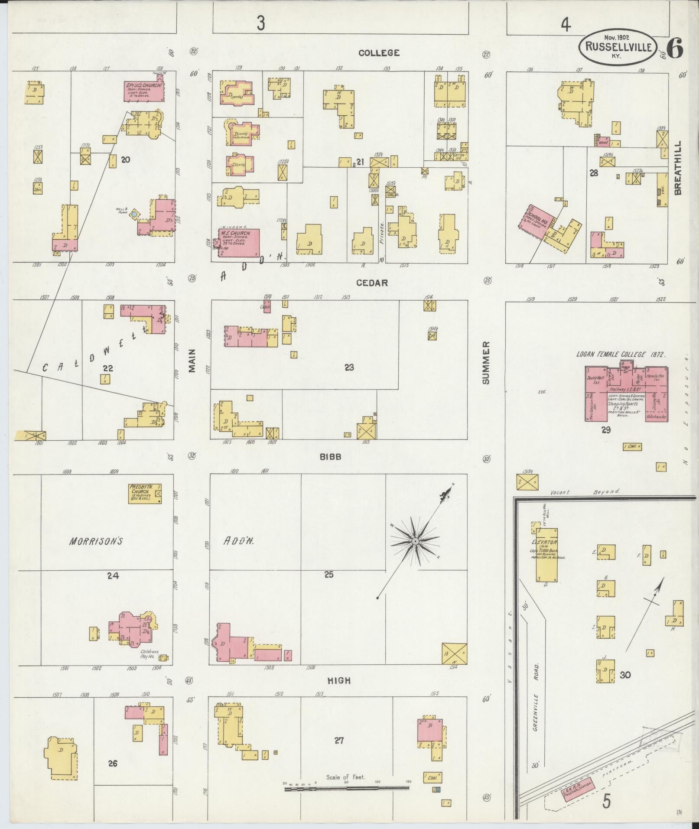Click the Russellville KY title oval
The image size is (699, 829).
coord(618,47)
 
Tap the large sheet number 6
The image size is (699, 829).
coord(675,48)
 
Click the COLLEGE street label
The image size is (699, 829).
coord(379,53)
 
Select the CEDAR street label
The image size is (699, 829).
coord(372,283)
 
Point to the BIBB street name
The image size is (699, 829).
coord(331,457)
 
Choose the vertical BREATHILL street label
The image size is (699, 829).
coord(678,167)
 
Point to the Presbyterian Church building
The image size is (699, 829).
coord(145,494)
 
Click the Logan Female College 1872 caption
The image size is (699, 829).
coord(620,354)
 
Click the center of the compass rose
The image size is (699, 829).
coord(415,542)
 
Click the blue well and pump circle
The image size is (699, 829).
coord(135,214)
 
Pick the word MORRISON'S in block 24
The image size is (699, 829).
coord(97,541)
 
